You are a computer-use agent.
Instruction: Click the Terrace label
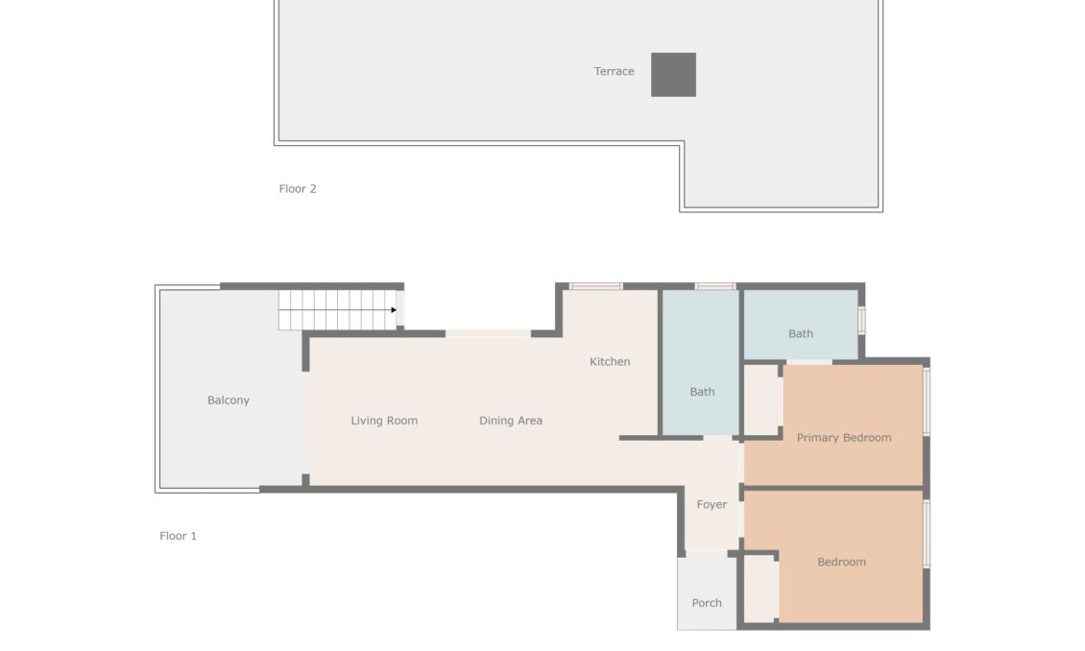coord(614,71)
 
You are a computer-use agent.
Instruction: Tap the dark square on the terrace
coord(673,75)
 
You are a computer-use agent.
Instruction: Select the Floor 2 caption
coord(298,189)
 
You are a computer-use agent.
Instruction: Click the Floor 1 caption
coord(178,536)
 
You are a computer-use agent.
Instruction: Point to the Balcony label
coord(229,400)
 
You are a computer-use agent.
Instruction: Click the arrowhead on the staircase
coord(394,310)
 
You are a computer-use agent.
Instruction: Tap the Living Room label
coord(384,421)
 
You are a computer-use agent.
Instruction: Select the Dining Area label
coord(511,421)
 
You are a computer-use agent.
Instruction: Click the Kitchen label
coord(610,362)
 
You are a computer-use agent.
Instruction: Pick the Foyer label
coord(711,505)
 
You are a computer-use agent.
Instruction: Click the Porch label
coord(707,603)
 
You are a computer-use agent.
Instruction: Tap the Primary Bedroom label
coord(844,438)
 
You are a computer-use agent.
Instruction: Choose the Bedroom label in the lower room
coord(841,563)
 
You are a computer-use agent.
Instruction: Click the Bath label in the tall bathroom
coord(702,392)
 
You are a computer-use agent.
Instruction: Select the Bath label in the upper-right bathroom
coord(801,334)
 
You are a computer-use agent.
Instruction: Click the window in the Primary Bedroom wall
coord(927,401)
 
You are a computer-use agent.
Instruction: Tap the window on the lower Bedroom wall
coord(927,533)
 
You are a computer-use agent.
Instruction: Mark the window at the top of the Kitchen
coord(595,286)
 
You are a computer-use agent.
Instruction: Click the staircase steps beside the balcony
coord(336,310)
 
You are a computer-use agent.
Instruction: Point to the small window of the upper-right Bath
coord(861,320)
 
